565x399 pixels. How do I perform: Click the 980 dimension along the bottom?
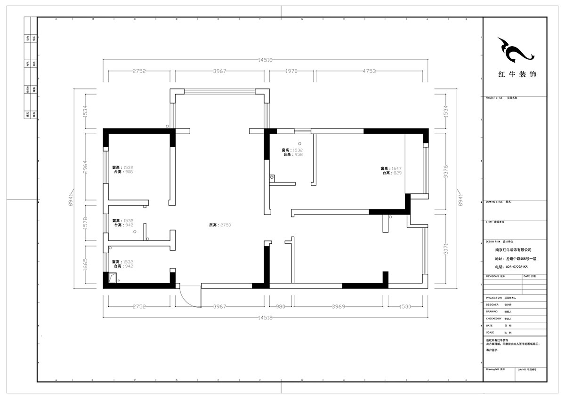click(x=281, y=307)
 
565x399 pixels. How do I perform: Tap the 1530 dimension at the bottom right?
click(x=405, y=307)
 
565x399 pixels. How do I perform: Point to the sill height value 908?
click(x=129, y=172)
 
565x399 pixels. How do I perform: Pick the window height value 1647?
click(x=395, y=168)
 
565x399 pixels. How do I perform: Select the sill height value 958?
click(x=299, y=154)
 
